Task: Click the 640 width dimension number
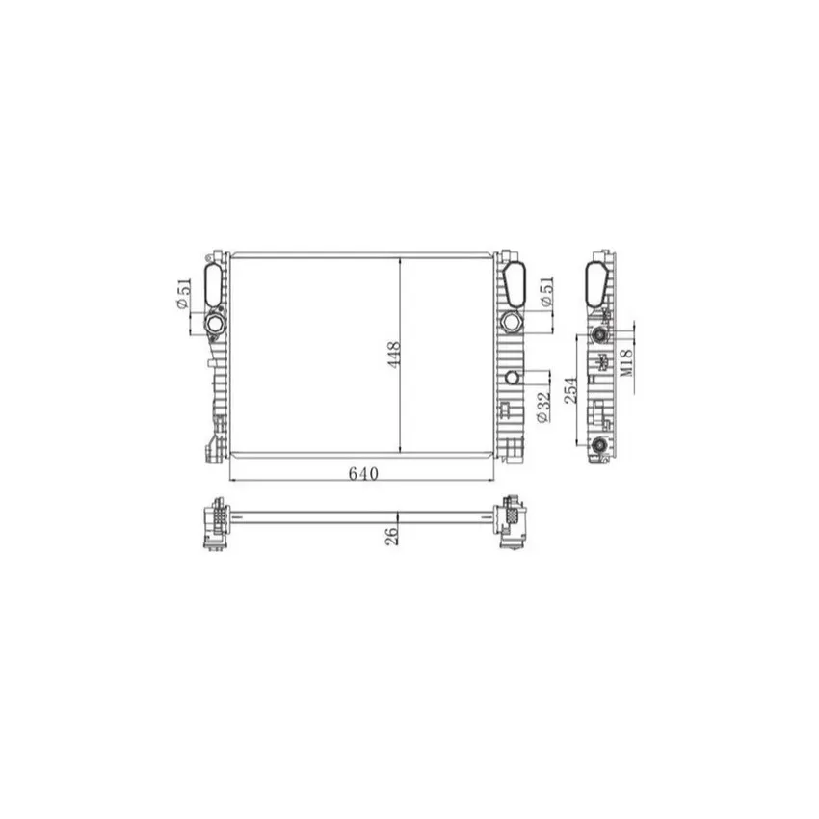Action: point(363,474)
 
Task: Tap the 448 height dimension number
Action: point(393,355)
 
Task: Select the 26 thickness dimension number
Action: point(391,537)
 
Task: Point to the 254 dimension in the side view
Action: point(571,389)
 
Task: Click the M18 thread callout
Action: point(626,362)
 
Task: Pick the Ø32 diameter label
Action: point(542,407)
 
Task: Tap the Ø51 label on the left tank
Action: point(183,294)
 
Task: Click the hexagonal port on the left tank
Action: point(214,325)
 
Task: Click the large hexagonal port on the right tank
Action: point(511,322)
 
